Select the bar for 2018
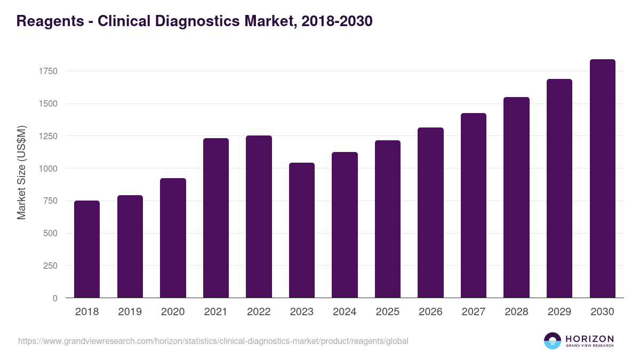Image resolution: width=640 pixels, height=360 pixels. click(x=87, y=249)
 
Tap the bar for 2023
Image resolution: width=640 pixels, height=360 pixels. click(x=302, y=230)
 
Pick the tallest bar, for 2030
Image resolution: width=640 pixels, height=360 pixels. click(x=602, y=178)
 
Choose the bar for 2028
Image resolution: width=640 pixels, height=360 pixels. click(x=516, y=197)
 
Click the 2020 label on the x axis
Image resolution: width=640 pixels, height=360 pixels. click(x=173, y=312)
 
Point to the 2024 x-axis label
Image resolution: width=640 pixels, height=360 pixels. click(x=345, y=312)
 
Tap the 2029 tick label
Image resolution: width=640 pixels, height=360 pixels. click(x=559, y=312)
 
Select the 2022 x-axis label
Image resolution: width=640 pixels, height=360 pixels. click(x=259, y=312)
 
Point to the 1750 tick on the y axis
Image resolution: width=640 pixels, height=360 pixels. click(x=48, y=71)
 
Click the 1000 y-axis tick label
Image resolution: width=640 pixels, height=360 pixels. click(x=48, y=169)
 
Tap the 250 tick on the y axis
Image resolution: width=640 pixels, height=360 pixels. click(x=51, y=266)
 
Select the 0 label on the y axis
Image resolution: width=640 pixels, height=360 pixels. click(x=55, y=298)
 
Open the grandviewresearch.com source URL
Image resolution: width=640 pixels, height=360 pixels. click(x=213, y=341)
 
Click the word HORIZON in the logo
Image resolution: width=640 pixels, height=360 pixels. click(x=589, y=338)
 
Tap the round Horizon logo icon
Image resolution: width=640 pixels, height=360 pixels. click(x=553, y=341)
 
